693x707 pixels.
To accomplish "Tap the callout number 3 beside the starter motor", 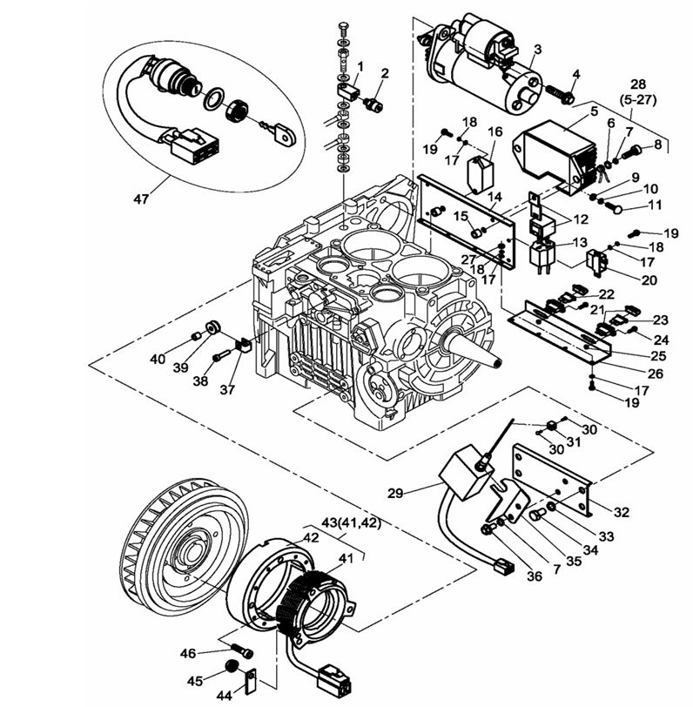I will pyautogui.click(x=538, y=49).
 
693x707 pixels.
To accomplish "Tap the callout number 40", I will pyautogui.click(x=156, y=358).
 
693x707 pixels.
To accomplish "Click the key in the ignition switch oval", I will pyautogui.click(x=281, y=133).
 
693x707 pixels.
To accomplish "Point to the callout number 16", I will pyautogui.click(x=495, y=131).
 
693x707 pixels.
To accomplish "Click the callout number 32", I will pyautogui.click(x=620, y=512).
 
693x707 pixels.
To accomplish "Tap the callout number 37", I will pyautogui.click(x=227, y=389).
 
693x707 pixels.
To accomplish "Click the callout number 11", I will pyautogui.click(x=655, y=205).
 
